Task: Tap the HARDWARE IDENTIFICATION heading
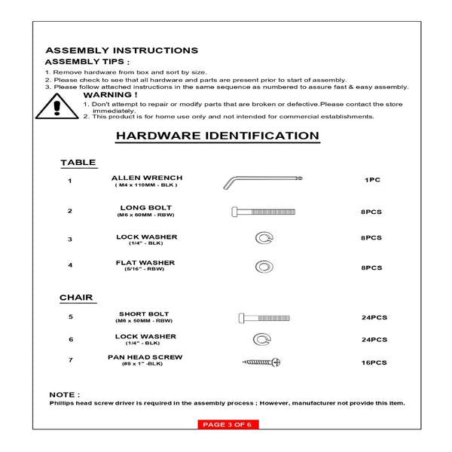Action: (x=217, y=136)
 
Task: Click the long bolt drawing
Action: (x=262, y=212)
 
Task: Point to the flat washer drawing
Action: (x=262, y=267)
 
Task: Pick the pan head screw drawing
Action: (x=261, y=362)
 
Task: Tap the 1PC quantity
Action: (x=372, y=181)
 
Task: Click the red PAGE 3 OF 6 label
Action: (x=227, y=425)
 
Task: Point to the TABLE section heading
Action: (x=78, y=162)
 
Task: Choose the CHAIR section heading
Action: (x=76, y=298)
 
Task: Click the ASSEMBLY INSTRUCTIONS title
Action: (x=121, y=50)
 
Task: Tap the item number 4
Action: (x=69, y=265)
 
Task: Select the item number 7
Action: (x=69, y=360)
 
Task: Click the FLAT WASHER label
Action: (x=145, y=263)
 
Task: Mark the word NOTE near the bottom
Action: (x=64, y=395)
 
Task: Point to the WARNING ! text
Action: (x=110, y=95)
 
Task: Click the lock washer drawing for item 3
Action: (x=262, y=239)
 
